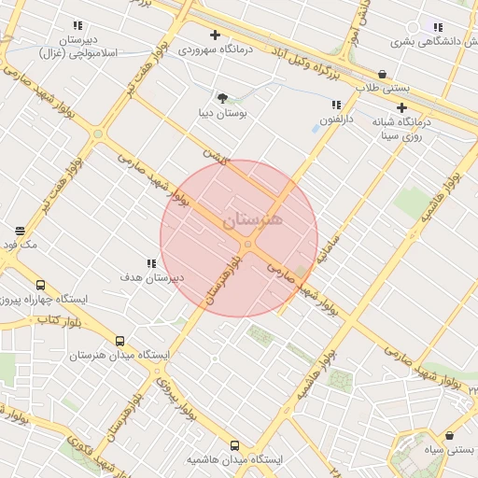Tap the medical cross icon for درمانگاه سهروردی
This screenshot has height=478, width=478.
click(215, 35)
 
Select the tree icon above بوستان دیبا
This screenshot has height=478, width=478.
click(221, 98)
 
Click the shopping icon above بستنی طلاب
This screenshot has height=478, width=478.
click(382, 74)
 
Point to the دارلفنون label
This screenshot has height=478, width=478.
click(338, 120)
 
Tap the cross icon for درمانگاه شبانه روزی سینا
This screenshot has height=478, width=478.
click(401, 107)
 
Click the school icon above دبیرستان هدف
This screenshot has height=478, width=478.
click(151, 264)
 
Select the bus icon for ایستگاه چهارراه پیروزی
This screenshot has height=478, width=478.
click(40, 285)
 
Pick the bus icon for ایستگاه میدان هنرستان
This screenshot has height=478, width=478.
click(119, 342)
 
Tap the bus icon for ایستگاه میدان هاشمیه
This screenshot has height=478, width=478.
click(233, 445)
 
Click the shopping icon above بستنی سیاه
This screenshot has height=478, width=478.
click(450, 435)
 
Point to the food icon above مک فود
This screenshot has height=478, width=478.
click(20, 231)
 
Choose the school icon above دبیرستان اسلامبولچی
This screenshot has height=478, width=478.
click(77, 26)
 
